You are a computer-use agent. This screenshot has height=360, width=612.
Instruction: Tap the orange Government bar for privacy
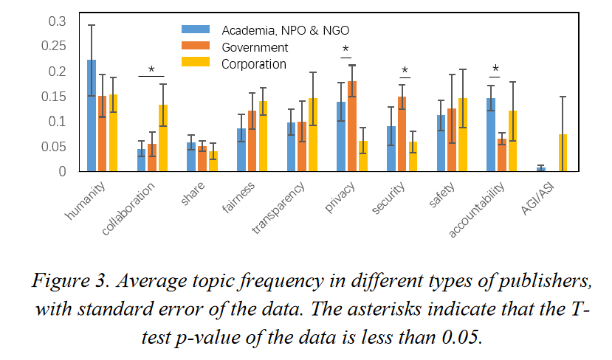point(352,126)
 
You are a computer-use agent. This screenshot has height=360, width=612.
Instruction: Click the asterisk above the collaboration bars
point(151,70)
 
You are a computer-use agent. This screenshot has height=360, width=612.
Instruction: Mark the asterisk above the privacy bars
point(345,51)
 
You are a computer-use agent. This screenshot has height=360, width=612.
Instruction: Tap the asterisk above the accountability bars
point(495,70)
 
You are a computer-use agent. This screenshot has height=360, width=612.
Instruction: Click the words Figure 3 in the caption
point(70,282)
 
